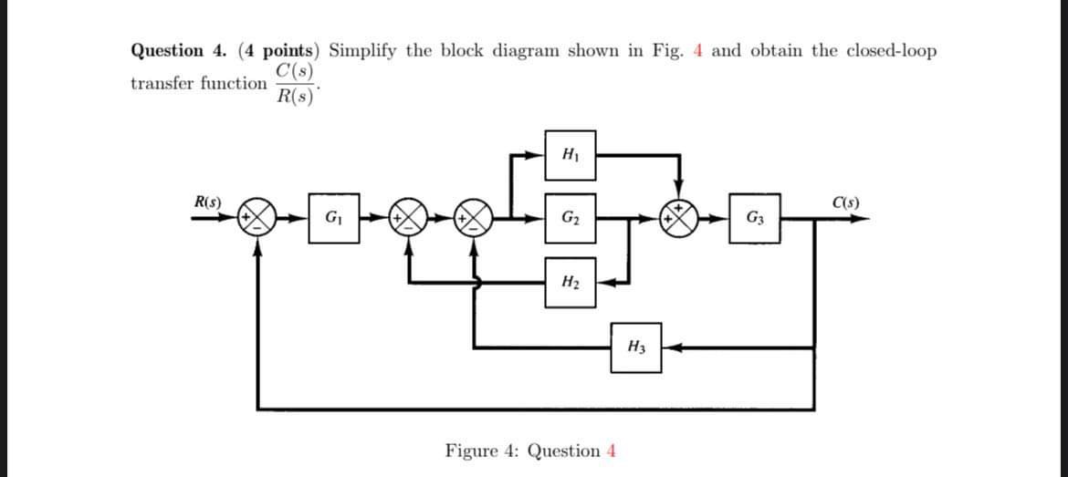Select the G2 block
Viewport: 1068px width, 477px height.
571,218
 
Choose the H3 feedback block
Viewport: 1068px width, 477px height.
637,347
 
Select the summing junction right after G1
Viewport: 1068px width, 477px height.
411,219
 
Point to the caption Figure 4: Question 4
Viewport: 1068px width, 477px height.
530,451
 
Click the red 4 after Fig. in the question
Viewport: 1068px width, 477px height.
698,51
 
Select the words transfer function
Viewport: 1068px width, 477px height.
197,84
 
